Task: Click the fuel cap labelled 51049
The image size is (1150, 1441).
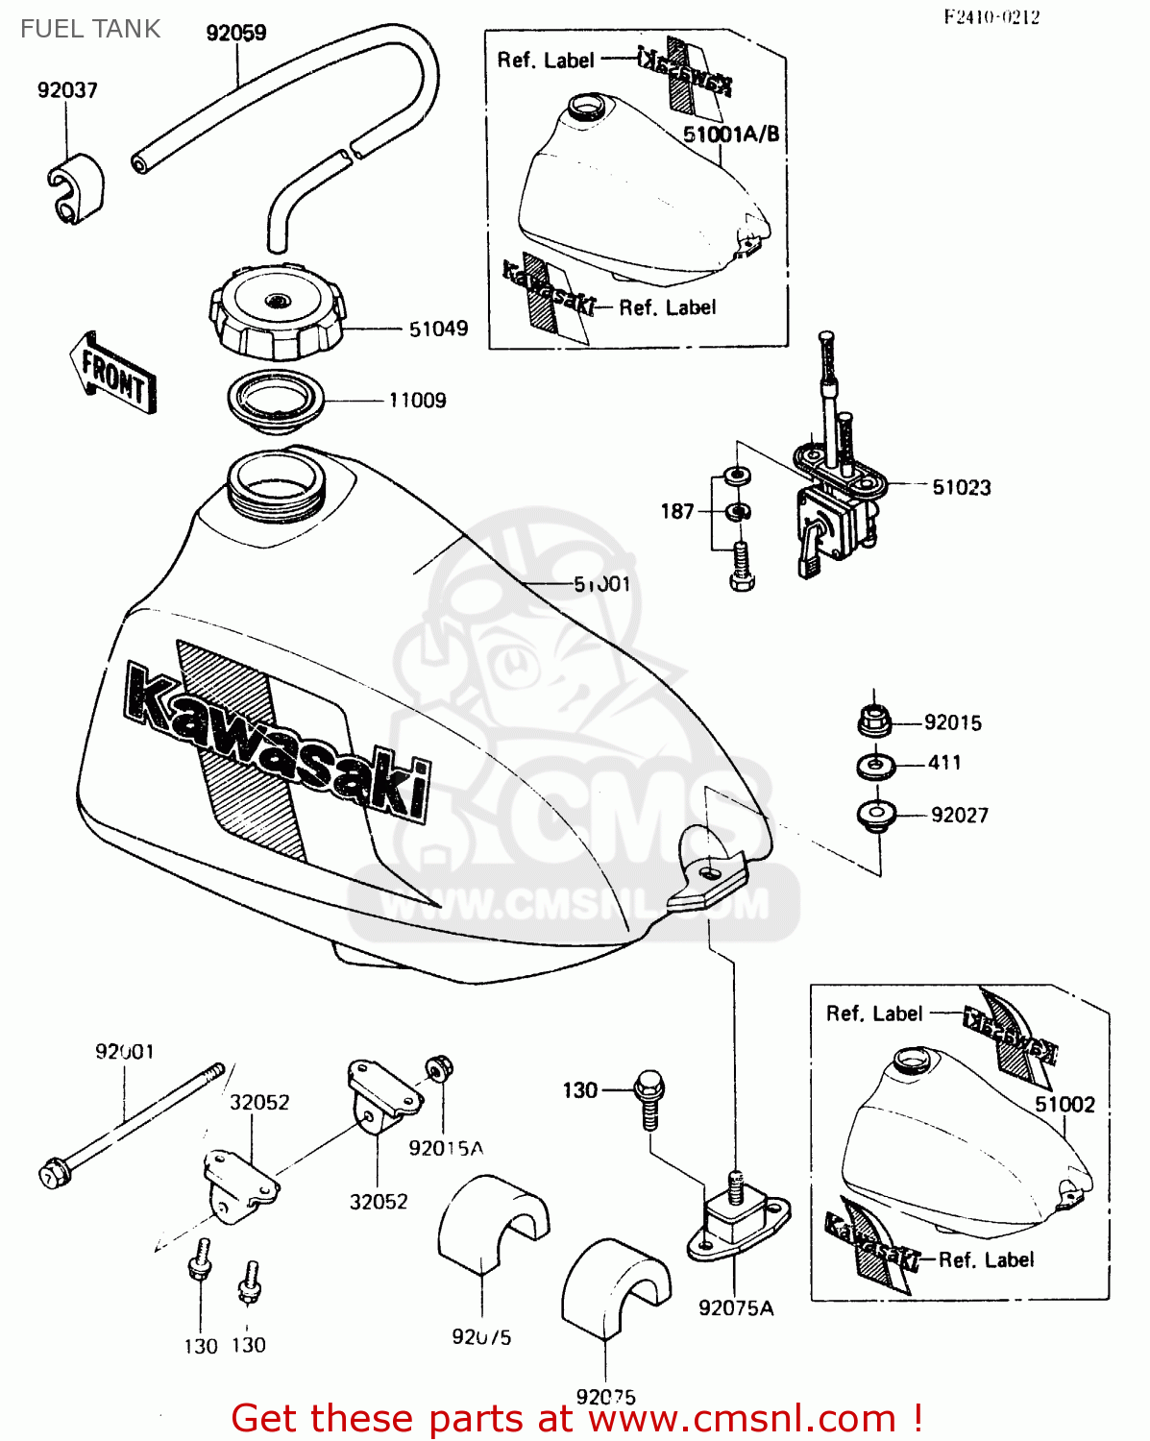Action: coord(276,310)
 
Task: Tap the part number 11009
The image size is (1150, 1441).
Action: coord(417,400)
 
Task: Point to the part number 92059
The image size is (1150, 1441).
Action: coord(236,33)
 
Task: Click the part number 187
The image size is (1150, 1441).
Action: coord(676,511)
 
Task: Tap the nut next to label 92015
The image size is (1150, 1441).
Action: coord(873,721)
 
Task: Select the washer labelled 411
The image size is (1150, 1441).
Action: coord(875,766)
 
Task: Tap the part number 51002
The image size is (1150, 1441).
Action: coord(1064,1104)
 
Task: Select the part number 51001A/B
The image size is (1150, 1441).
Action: coord(731,134)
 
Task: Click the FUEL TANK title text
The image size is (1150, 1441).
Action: coord(90,29)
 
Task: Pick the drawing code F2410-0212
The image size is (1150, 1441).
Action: coord(991,16)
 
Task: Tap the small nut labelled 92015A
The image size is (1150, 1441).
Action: coord(439,1068)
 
